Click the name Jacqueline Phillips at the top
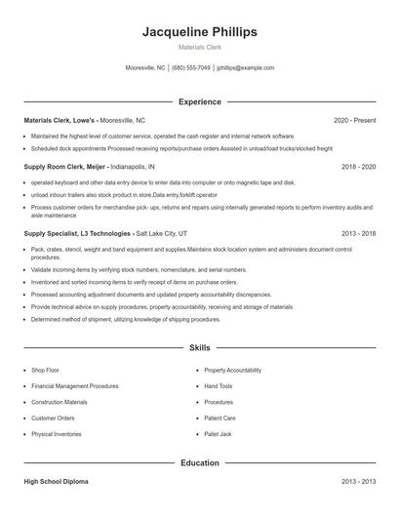pos(199,32)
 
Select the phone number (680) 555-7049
pos(191,68)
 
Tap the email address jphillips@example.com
pos(245,68)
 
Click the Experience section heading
pos(199,101)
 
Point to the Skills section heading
pos(199,347)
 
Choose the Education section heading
pos(199,462)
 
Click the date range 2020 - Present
pos(354,120)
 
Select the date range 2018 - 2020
pos(358,167)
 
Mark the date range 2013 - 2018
pos(358,234)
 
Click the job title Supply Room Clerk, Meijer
pos(64,167)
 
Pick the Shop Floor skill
pos(45,371)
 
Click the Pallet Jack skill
pos(218,433)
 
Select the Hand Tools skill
pos(219,386)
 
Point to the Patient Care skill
pos(220,418)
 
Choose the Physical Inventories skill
pos(56,433)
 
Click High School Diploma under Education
pos(57,482)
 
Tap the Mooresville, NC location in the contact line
pos(145,68)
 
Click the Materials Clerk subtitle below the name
pos(199,47)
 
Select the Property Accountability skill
pos(232,371)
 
